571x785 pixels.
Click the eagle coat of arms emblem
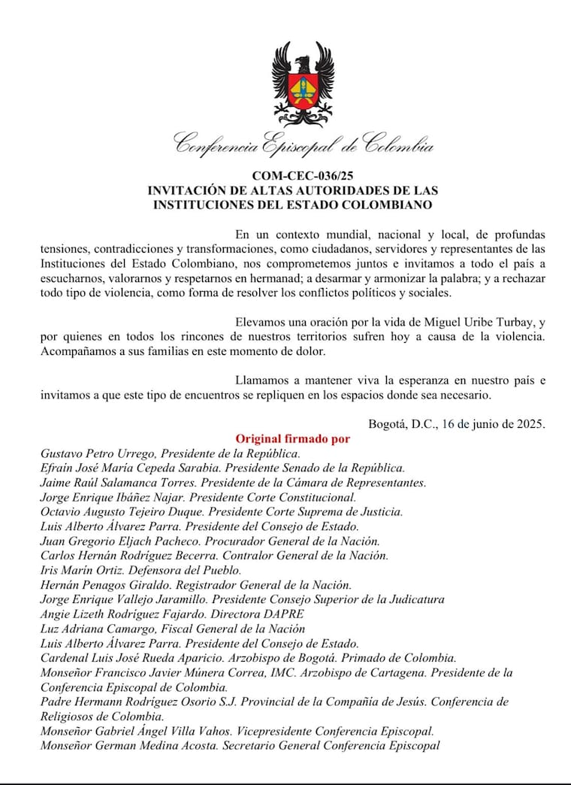302,83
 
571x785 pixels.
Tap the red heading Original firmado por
293,438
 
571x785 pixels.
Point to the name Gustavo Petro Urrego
94,453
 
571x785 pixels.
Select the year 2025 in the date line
530,423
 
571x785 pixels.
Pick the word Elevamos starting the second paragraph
259,322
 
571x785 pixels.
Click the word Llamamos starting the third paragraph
262,380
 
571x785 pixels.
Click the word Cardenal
64,658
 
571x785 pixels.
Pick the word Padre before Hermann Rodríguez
57,702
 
